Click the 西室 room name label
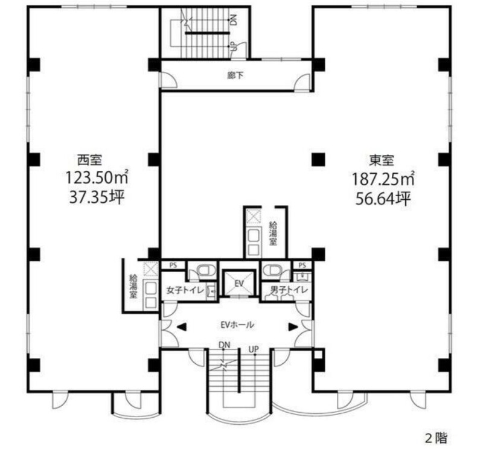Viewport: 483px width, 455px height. [89, 160]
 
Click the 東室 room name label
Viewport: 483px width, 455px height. [382, 160]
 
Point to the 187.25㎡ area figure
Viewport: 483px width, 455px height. [383, 179]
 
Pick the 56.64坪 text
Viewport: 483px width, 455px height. [383, 199]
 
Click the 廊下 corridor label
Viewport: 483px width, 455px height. [235, 75]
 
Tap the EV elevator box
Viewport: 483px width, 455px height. [239, 283]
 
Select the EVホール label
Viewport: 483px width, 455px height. [237, 325]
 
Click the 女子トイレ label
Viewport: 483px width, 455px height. [185, 290]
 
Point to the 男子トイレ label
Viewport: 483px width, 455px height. [289, 290]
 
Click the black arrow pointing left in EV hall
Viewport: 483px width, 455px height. [182, 327]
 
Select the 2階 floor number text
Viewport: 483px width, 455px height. [436, 437]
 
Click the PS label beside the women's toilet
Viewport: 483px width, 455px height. [173, 265]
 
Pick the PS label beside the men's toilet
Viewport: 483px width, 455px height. [302, 265]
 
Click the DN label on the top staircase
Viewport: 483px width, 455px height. [234, 20]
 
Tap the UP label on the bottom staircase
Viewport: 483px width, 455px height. [254, 350]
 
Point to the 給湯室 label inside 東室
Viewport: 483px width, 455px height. [273, 233]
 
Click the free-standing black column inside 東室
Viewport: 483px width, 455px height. [318, 159]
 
